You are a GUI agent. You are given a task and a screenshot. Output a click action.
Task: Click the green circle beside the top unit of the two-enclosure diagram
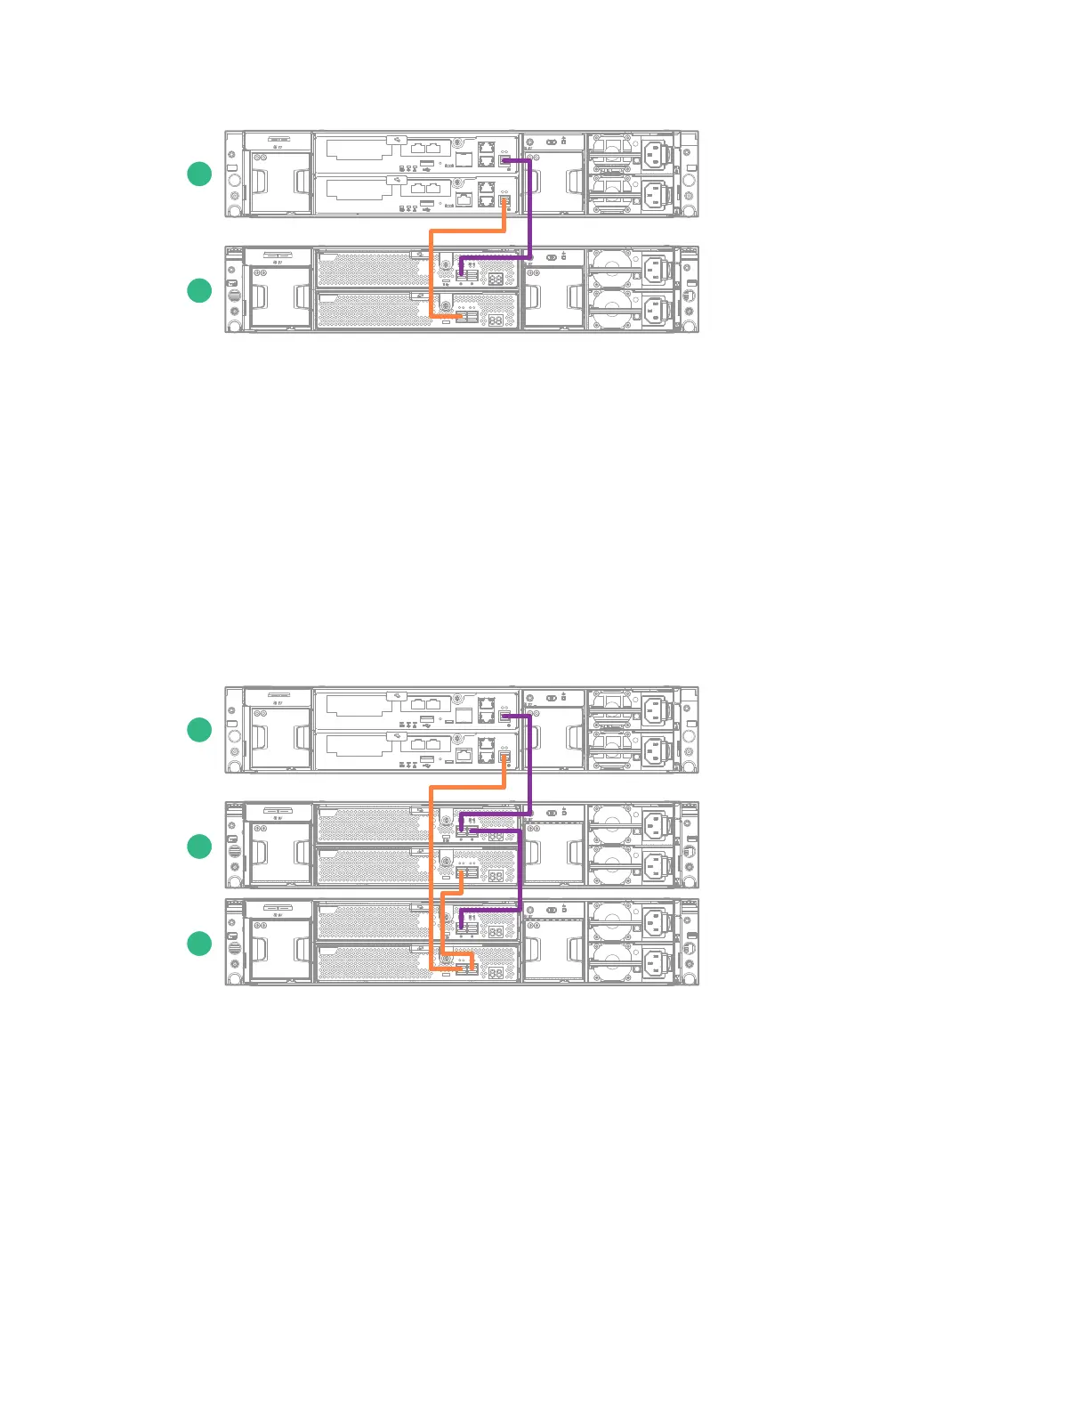tap(199, 174)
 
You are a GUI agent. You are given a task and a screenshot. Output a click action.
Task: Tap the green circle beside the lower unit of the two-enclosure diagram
tap(199, 290)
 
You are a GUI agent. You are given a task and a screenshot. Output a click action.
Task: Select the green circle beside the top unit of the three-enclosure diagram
tap(199, 730)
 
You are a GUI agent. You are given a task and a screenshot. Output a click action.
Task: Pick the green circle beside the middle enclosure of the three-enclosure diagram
tap(199, 846)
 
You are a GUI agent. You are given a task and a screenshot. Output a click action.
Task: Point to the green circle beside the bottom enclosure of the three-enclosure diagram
tap(199, 944)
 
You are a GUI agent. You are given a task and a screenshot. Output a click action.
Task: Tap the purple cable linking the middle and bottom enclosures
tap(520, 872)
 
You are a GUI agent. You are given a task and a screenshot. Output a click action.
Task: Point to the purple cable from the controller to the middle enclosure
tap(530, 766)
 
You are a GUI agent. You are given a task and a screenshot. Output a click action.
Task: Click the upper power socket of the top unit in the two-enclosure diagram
tap(657, 154)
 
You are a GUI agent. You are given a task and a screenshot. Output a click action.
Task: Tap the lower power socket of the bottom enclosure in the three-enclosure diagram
tap(656, 963)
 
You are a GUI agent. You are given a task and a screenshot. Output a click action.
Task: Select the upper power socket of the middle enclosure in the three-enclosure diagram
tap(656, 826)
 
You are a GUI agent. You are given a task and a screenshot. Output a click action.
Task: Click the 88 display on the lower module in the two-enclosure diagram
tap(496, 319)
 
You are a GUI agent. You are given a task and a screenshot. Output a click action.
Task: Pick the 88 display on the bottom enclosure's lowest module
tap(496, 972)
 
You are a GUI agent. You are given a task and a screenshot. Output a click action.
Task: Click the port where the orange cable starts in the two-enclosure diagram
tap(504, 200)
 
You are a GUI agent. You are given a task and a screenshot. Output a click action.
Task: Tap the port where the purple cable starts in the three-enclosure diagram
tap(504, 716)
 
